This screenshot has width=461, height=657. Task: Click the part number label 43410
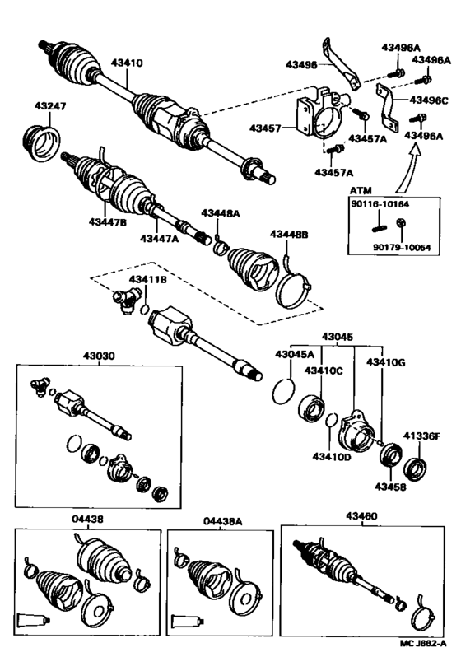coord(127,63)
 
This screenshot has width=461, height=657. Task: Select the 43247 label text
coord(50,106)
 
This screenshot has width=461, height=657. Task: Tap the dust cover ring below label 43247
coord(41,143)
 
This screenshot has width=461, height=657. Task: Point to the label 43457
coord(265,128)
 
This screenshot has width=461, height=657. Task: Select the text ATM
coord(361,191)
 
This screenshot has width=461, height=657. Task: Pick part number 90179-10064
coord(402,248)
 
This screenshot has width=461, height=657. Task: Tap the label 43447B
coord(108,222)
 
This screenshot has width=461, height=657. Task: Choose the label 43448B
coord(289,235)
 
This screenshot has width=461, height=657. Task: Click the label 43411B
coord(147,279)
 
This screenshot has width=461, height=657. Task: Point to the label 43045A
coord(294,355)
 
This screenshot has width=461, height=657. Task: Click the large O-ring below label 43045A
coord(284,392)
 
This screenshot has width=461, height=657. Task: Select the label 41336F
coord(422,436)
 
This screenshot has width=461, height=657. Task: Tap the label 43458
coord(390,487)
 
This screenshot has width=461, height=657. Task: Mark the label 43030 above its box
coord(99,356)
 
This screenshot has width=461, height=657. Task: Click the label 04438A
coord(223,521)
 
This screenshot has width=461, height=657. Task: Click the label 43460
coord(361,516)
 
